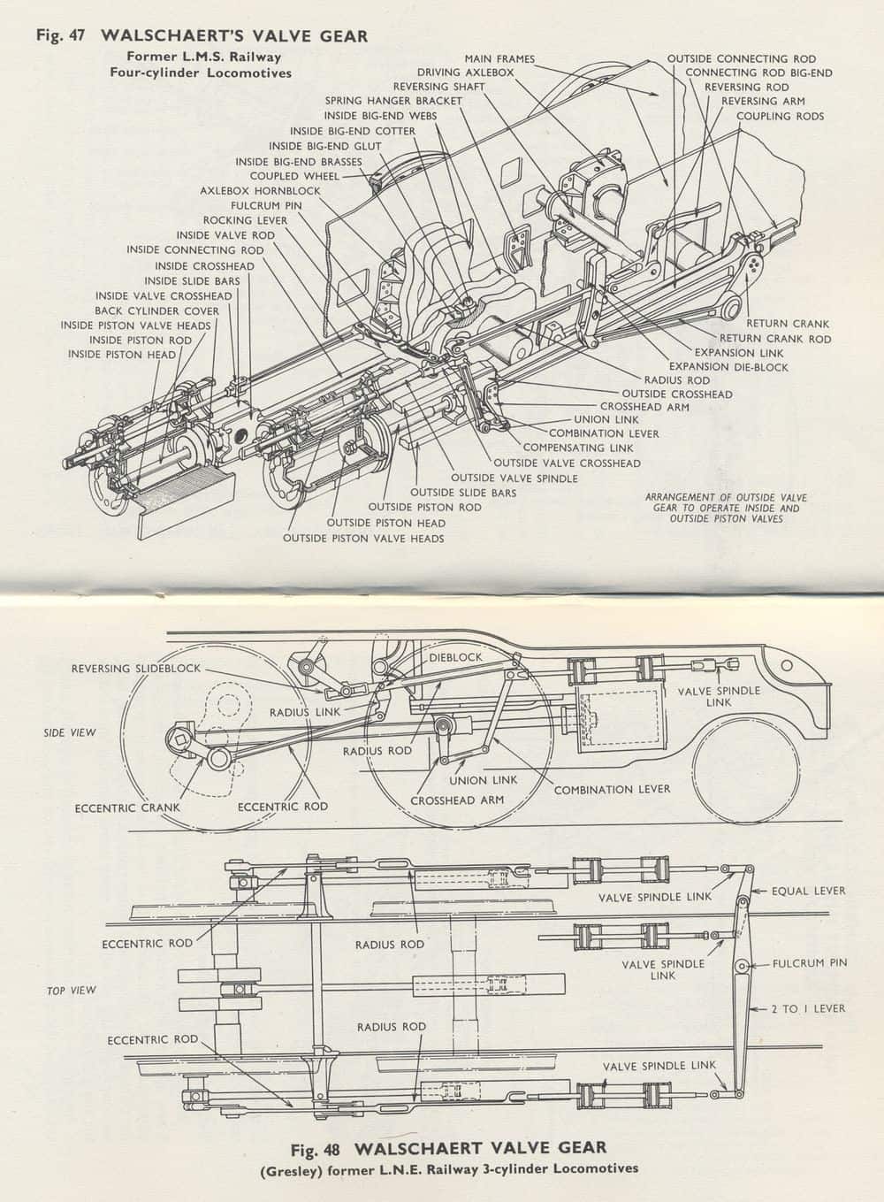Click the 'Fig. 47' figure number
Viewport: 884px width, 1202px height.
pyautogui.click(x=60, y=35)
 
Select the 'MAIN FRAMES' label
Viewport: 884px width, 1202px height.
pyautogui.click(x=499, y=59)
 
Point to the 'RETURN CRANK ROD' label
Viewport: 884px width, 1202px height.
pyautogui.click(x=774, y=339)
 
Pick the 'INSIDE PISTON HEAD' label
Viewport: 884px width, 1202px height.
pyautogui.click(x=122, y=355)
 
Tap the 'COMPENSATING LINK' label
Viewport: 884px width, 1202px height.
pyautogui.click(x=578, y=448)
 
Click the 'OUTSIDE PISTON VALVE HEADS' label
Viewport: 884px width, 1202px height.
pyautogui.click(x=363, y=538)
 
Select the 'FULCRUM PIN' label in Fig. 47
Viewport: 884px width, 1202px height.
pyautogui.click(x=266, y=205)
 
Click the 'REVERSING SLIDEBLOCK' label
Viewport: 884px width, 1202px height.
pyautogui.click(x=136, y=669)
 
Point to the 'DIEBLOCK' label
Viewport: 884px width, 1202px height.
pyautogui.click(x=456, y=658)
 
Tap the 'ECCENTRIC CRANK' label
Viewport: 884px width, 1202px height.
pyautogui.click(x=127, y=808)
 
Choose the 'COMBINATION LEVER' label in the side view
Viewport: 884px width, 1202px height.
pyautogui.click(x=612, y=789)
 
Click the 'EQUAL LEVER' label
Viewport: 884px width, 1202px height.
pyautogui.click(x=808, y=891)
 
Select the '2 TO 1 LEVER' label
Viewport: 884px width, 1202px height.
pyautogui.click(x=808, y=1008)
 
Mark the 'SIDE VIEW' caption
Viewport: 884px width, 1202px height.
pyautogui.click(x=70, y=732)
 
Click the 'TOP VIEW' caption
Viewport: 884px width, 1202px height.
pyautogui.click(x=71, y=991)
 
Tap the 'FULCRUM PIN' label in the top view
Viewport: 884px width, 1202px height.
pyautogui.click(x=810, y=963)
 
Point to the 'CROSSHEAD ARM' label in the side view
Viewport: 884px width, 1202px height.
pyautogui.click(x=456, y=800)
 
